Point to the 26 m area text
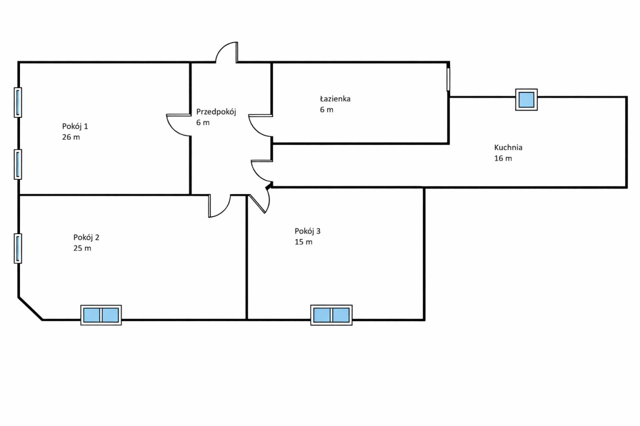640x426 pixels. pyautogui.click(x=71, y=137)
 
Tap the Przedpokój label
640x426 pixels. pyautogui.click(x=215, y=112)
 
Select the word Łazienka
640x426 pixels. pyautogui.click(x=335, y=99)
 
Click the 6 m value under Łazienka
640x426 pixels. pyautogui.click(x=326, y=110)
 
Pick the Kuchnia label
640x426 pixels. pyautogui.click(x=508, y=147)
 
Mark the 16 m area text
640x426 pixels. pyautogui.click(x=503, y=158)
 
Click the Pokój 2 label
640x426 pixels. pyautogui.click(x=89, y=237)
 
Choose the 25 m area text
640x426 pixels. pyautogui.click(x=82, y=248)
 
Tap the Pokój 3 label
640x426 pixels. pyautogui.click(x=307, y=231)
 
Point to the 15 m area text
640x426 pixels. pyautogui.click(x=303, y=242)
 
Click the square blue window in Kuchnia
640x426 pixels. pyautogui.click(x=526, y=99)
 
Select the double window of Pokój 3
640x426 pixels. pyautogui.click(x=331, y=315)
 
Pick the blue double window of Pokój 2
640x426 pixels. pyautogui.click(x=101, y=315)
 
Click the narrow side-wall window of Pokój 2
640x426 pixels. pyautogui.click(x=18, y=248)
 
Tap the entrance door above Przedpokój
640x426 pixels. pyautogui.click(x=226, y=53)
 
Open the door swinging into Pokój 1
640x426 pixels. pyautogui.click(x=178, y=125)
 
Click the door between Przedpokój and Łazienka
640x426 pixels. pyautogui.click(x=260, y=126)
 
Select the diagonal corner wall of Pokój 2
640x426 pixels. pyautogui.click(x=30, y=309)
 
